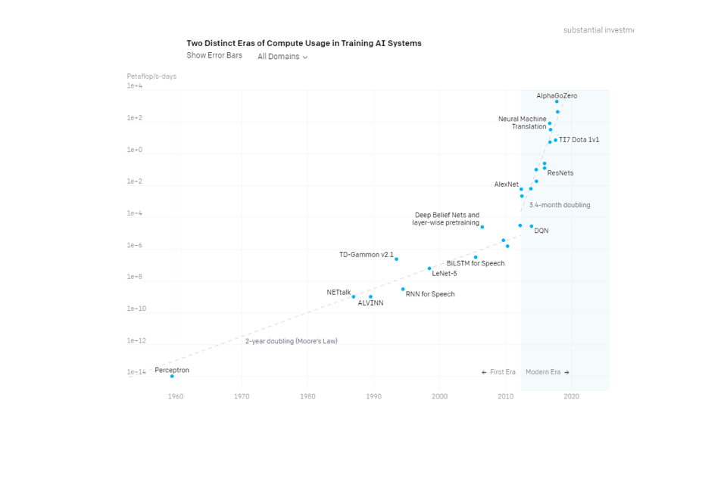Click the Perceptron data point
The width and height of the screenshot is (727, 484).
pyautogui.click(x=172, y=376)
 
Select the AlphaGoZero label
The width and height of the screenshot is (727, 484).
pyautogui.click(x=557, y=96)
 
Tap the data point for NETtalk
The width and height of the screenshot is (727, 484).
pyautogui.click(x=354, y=296)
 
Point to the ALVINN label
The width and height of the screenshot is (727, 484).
pyautogui.click(x=370, y=303)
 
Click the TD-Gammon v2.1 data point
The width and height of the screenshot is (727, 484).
pyautogui.click(x=396, y=259)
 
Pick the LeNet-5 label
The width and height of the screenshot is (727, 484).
pyautogui.click(x=445, y=274)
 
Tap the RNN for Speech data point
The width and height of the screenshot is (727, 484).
pyautogui.click(x=403, y=289)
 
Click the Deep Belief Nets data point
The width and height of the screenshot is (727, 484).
pyautogui.click(x=482, y=227)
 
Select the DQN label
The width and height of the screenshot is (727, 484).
pyautogui.click(x=541, y=231)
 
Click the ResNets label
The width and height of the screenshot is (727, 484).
pyautogui.click(x=560, y=173)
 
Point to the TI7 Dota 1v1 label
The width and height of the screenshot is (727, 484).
pyautogui.click(x=579, y=140)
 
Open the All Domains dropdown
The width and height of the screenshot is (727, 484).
pyautogui.click(x=282, y=57)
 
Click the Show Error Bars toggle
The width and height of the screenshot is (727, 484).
pyautogui.click(x=214, y=55)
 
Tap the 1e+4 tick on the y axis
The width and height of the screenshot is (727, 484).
pyautogui.click(x=135, y=86)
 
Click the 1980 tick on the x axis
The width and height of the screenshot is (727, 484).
pyautogui.click(x=307, y=396)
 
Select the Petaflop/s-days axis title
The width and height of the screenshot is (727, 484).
pyautogui.click(x=151, y=76)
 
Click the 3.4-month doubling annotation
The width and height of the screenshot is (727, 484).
pyautogui.click(x=560, y=205)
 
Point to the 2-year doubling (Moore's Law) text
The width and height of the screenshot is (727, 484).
pyautogui.click(x=292, y=341)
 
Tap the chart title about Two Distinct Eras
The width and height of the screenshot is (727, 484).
pyautogui.click(x=304, y=43)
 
